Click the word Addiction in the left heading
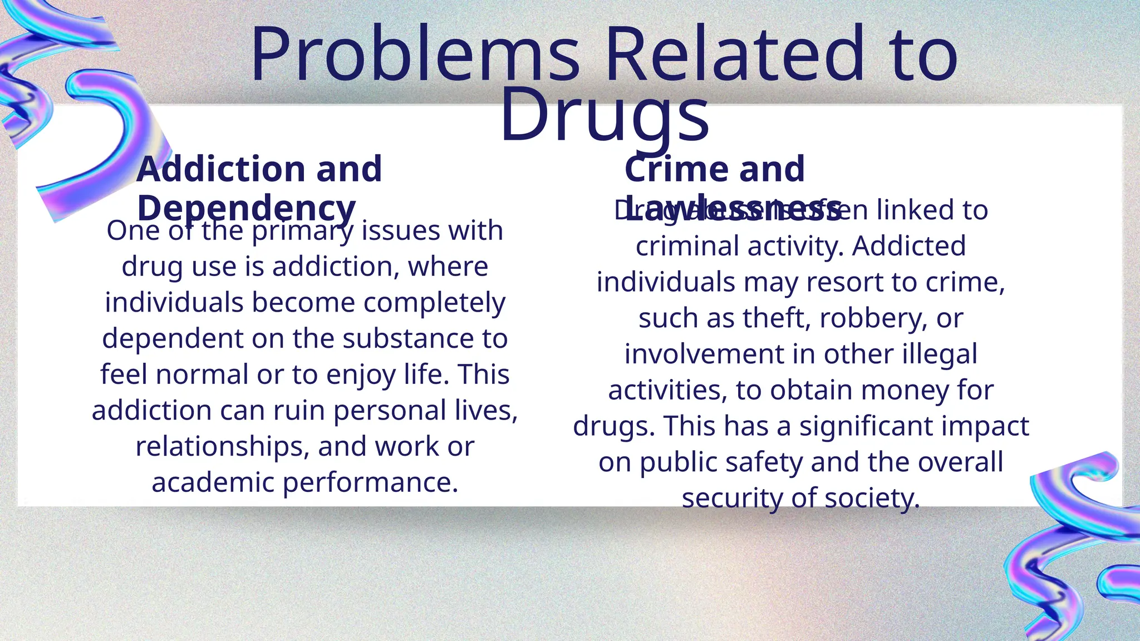[220, 169]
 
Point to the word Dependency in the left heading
[246, 209]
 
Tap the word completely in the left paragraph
[434, 303]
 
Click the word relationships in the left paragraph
[222, 447]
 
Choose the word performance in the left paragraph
[370, 482]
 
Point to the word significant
[866, 426]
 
